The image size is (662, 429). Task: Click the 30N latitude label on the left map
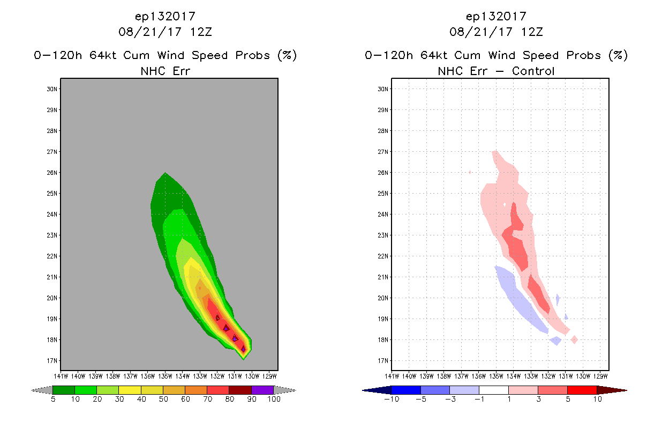tap(52, 89)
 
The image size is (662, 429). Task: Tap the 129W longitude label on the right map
tap(600, 375)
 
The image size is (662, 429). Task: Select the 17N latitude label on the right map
tap(383, 361)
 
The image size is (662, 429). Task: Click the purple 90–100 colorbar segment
tap(262, 390)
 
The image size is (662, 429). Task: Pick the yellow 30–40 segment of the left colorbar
tap(130, 390)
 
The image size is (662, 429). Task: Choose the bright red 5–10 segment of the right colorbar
tap(582, 390)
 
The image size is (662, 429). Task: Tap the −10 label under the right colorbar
tap(391, 400)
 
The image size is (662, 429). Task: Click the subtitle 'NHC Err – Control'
tap(496, 71)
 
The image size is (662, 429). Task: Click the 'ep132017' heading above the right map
tap(496, 17)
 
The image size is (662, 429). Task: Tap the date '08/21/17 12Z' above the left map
tap(165, 32)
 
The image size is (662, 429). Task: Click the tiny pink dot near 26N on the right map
tap(470, 172)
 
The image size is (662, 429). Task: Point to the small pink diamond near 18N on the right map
tap(574, 339)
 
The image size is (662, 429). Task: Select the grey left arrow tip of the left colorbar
tap(37, 390)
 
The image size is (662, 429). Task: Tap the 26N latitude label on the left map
tap(52, 173)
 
